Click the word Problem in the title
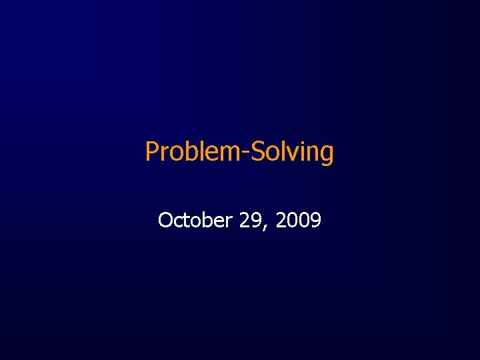coord(192,152)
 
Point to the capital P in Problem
coord(151,152)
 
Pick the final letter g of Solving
coord(326,155)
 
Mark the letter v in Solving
coord(291,154)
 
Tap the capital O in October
coord(165,220)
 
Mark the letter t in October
coord(183,221)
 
